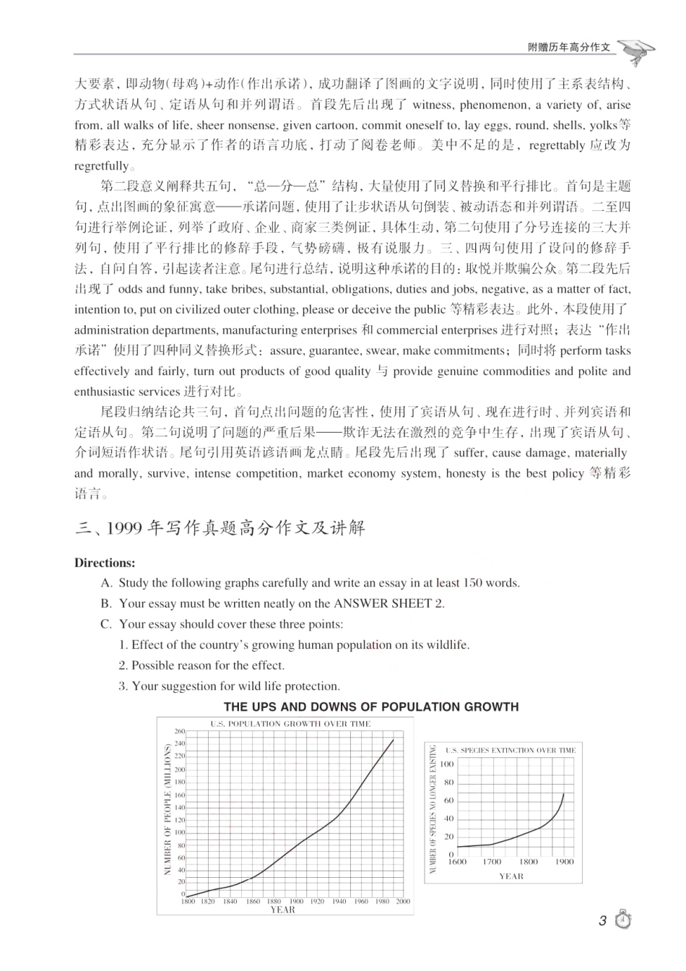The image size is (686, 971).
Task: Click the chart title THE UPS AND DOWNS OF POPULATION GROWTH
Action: [x=371, y=707]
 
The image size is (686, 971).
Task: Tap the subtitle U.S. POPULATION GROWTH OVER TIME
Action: [x=290, y=723]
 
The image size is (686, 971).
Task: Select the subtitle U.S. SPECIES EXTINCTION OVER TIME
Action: [x=511, y=750]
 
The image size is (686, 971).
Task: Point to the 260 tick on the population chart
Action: [x=181, y=732]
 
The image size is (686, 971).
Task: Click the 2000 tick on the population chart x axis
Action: [x=403, y=902]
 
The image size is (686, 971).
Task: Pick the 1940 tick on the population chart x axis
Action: [x=339, y=902]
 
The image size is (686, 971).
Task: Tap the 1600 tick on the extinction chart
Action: [x=457, y=861]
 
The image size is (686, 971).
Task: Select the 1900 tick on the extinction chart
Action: [x=564, y=861]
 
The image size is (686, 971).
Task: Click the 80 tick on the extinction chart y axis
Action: [x=448, y=782]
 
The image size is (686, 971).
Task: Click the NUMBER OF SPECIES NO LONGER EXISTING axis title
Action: [x=433, y=809]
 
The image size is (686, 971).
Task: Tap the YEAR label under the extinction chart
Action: [x=511, y=876]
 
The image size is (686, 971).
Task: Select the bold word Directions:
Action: [x=105, y=563]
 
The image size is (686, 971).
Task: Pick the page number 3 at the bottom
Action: [x=603, y=921]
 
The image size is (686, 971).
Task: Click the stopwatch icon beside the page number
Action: [x=623, y=920]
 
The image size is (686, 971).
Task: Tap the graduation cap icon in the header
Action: [x=637, y=49]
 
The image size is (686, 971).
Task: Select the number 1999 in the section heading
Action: [x=124, y=528]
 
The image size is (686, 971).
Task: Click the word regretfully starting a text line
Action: [x=101, y=165]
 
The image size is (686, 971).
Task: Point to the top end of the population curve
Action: [x=394, y=738]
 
